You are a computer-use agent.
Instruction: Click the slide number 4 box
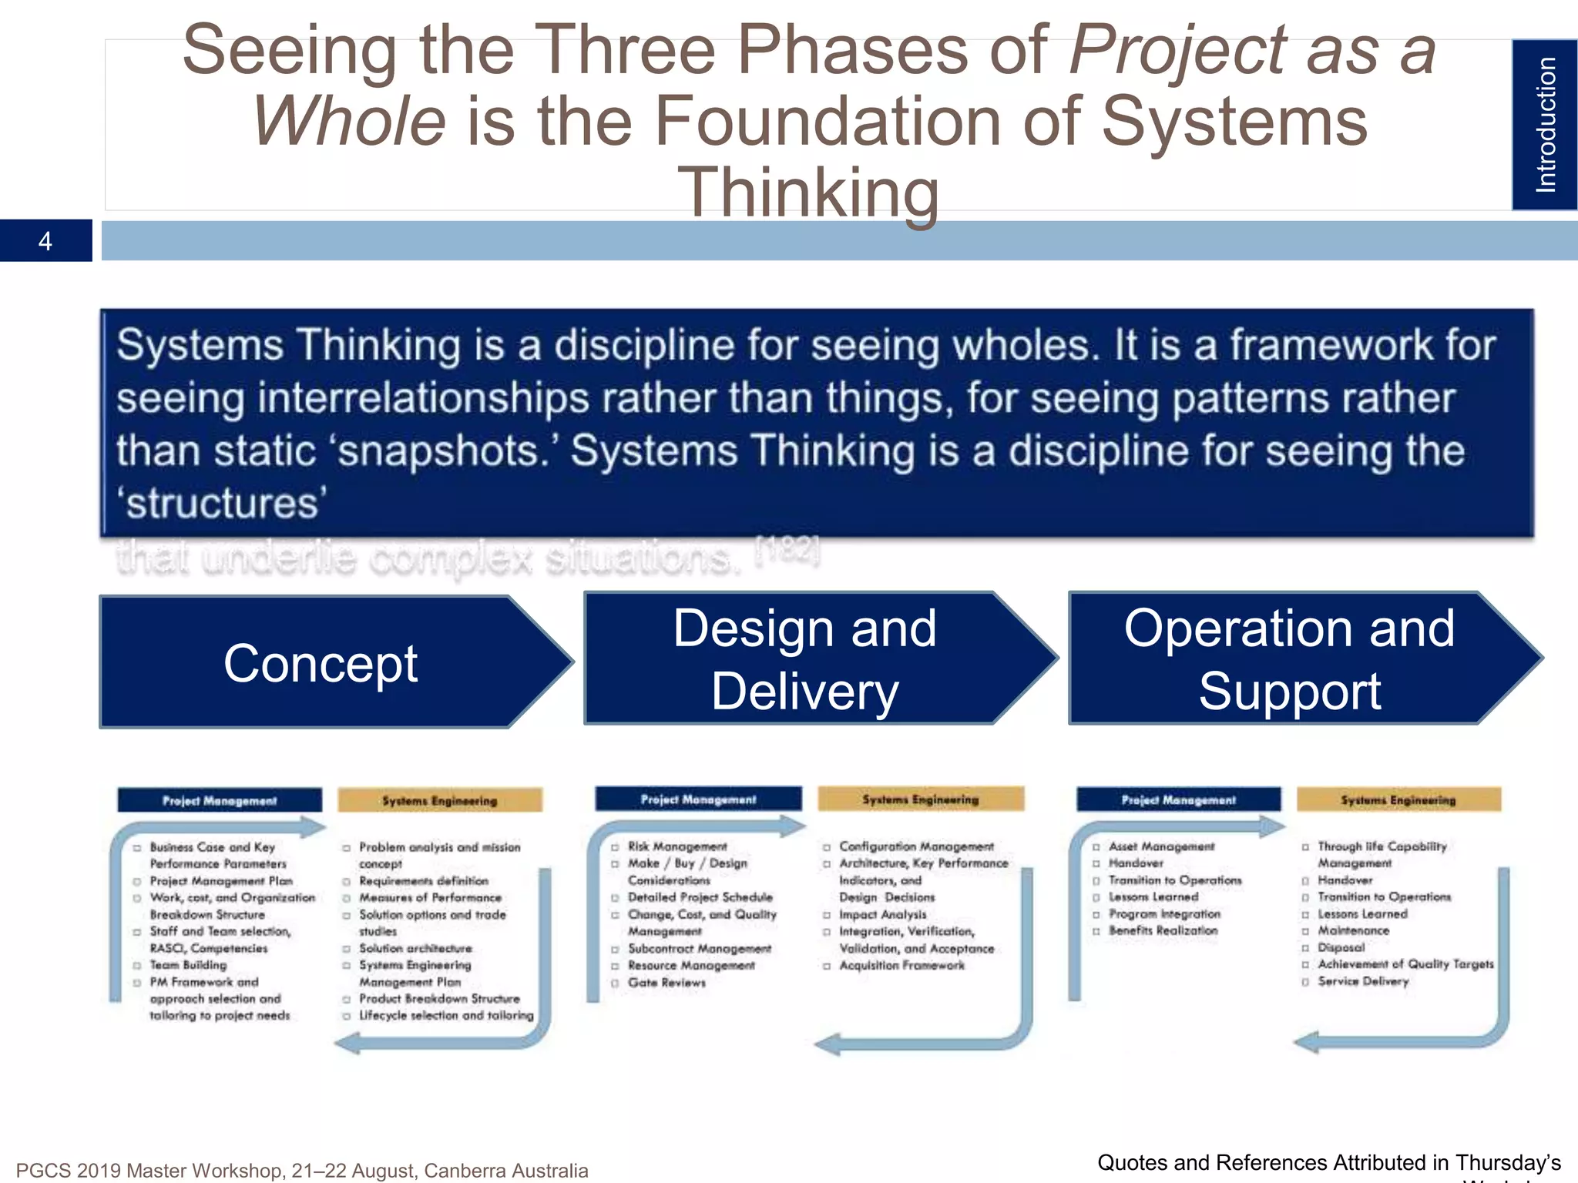point(45,241)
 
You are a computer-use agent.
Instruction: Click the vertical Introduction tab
point(1544,125)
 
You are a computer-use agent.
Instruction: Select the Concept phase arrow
point(321,663)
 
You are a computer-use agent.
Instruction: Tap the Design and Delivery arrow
point(804,659)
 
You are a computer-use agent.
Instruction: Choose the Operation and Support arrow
point(1289,659)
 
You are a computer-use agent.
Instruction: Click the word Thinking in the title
point(807,193)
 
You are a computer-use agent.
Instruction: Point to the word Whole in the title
point(349,122)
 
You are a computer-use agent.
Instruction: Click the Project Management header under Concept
point(220,800)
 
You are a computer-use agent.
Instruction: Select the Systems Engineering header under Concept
point(440,800)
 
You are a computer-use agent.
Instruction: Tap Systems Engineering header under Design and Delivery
point(920,799)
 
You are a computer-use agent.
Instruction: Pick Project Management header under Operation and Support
point(1178,800)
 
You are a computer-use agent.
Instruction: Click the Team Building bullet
point(188,965)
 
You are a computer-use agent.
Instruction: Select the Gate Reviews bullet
point(666,983)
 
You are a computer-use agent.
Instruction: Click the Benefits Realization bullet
point(1163,930)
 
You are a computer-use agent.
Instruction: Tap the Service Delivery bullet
point(1362,981)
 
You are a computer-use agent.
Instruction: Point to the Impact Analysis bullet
point(882,914)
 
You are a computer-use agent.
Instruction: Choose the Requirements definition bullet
point(423,880)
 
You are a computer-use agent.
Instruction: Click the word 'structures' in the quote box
point(222,504)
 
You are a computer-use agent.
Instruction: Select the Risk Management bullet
point(677,846)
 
